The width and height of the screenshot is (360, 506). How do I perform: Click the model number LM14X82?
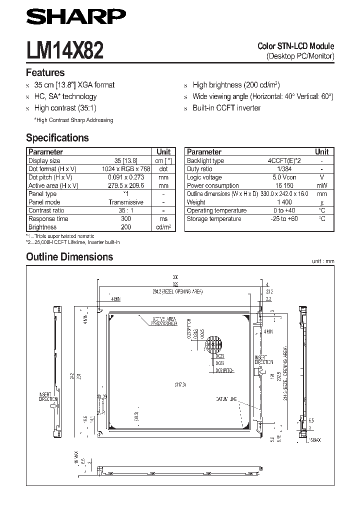pos(65,50)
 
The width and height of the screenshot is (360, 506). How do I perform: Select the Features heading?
pos(45,72)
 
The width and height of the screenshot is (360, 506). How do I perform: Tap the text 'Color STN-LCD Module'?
pos(295,46)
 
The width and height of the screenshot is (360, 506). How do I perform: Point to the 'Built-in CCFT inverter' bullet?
pos(226,108)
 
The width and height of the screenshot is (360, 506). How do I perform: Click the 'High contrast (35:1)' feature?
pos(65,108)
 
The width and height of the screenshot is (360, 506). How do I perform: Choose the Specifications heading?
pos(57,138)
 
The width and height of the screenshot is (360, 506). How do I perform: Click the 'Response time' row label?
pos(48,218)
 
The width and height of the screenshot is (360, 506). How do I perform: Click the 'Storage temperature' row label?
pos(213,218)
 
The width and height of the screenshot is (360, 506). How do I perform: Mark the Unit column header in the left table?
pos(163,151)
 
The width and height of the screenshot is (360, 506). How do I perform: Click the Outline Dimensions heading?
pos(69,257)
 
